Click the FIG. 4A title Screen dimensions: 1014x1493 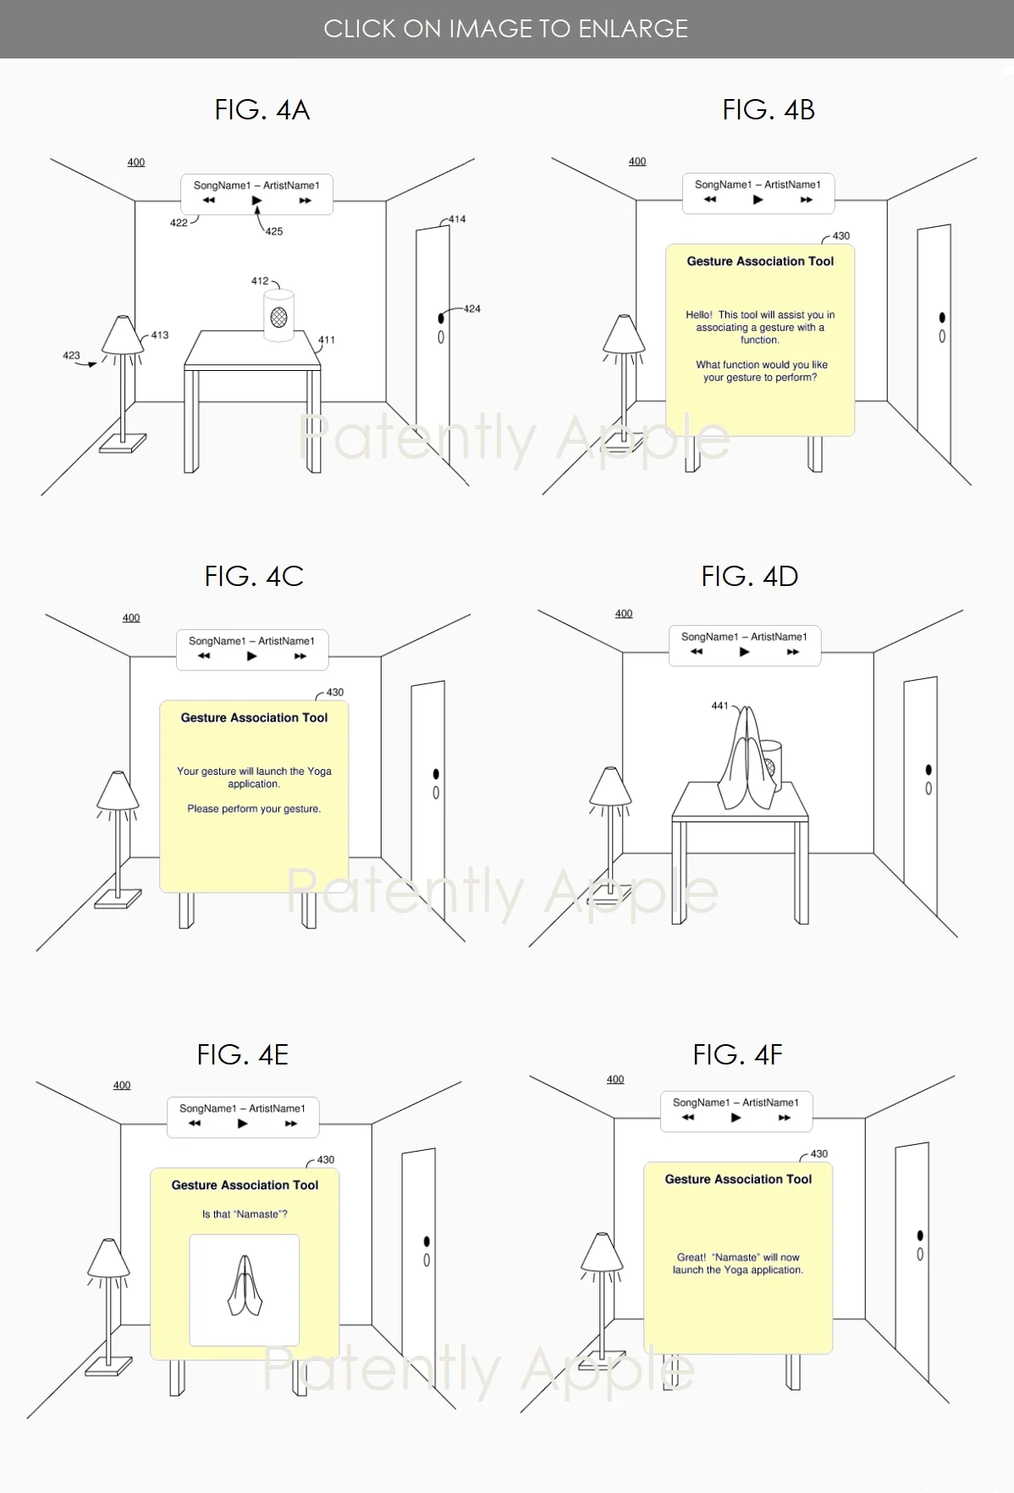click(x=262, y=110)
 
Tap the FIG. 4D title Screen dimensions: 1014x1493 click(x=749, y=577)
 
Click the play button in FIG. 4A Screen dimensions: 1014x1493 click(x=256, y=201)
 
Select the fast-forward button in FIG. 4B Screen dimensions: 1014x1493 click(x=807, y=200)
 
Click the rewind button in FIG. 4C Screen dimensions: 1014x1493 click(x=204, y=656)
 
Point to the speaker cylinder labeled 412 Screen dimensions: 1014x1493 click(x=278, y=316)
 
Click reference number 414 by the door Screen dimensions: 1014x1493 click(x=457, y=219)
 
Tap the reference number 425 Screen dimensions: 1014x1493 click(x=274, y=231)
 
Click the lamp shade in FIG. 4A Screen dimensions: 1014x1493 click(x=123, y=335)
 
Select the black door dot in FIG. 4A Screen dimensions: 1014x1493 click(x=440, y=318)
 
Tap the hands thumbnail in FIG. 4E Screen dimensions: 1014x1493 click(x=244, y=1289)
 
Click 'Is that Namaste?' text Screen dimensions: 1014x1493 click(x=245, y=1214)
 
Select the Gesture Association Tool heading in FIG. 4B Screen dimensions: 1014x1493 click(x=760, y=262)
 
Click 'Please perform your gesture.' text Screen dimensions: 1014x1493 click(x=254, y=809)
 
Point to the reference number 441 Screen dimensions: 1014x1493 click(x=719, y=705)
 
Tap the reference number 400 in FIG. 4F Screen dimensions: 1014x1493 click(x=615, y=1080)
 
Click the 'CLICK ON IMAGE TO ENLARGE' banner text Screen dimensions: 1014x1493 click(x=506, y=29)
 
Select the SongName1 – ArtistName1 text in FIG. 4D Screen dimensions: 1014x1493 click(x=744, y=637)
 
